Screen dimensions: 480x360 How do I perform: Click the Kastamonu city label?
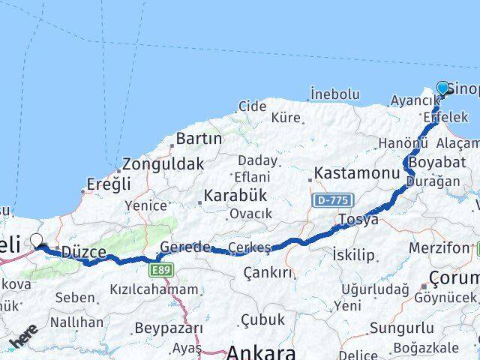(357, 173)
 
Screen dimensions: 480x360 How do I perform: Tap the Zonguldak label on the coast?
(163, 164)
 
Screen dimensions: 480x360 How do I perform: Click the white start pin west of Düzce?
(36, 241)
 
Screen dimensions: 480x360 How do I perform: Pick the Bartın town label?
(199, 139)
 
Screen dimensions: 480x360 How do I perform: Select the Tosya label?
(358, 220)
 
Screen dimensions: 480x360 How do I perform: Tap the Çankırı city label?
(268, 272)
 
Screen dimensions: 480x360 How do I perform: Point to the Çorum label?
(454, 279)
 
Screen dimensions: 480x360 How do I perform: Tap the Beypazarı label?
(169, 328)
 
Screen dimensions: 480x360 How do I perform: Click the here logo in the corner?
(23, 335)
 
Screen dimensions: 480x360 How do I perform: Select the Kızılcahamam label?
(154, 289)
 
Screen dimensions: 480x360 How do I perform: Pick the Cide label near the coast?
(253, 106)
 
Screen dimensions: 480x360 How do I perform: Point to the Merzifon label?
(439, 247)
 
